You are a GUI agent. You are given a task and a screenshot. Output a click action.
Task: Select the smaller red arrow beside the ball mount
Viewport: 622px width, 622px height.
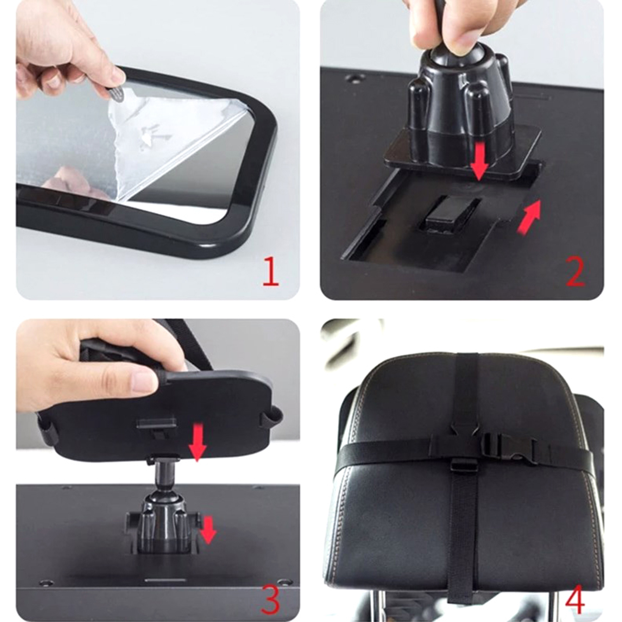point(209,529)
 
